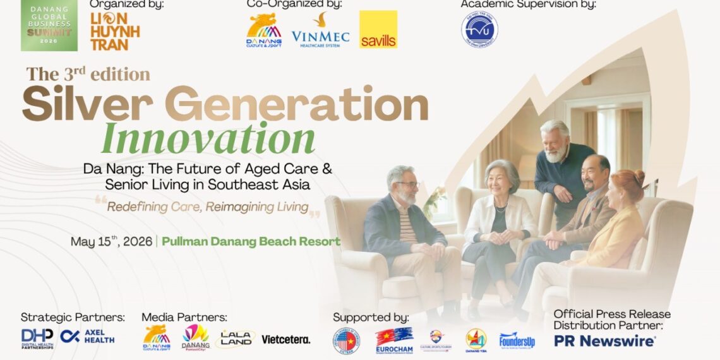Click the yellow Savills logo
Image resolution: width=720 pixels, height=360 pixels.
point(378,30)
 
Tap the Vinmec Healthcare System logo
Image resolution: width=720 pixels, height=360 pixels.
point(320,31)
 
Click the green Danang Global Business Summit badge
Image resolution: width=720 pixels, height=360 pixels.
point(49,26)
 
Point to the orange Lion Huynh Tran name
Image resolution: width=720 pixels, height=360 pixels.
point(114,32)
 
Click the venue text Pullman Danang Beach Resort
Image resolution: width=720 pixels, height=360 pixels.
point(251,241)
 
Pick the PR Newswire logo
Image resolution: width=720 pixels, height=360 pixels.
point(604,341)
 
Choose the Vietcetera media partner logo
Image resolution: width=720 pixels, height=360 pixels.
point(285,339)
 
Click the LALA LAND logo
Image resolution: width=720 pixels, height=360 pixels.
point(235,339)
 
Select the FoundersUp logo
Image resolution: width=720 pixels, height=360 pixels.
point(517,341)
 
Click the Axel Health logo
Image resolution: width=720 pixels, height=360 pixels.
point(88,336)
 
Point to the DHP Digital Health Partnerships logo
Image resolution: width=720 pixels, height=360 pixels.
point(37,338)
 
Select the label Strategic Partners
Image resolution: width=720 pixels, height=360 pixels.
point(73,317)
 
